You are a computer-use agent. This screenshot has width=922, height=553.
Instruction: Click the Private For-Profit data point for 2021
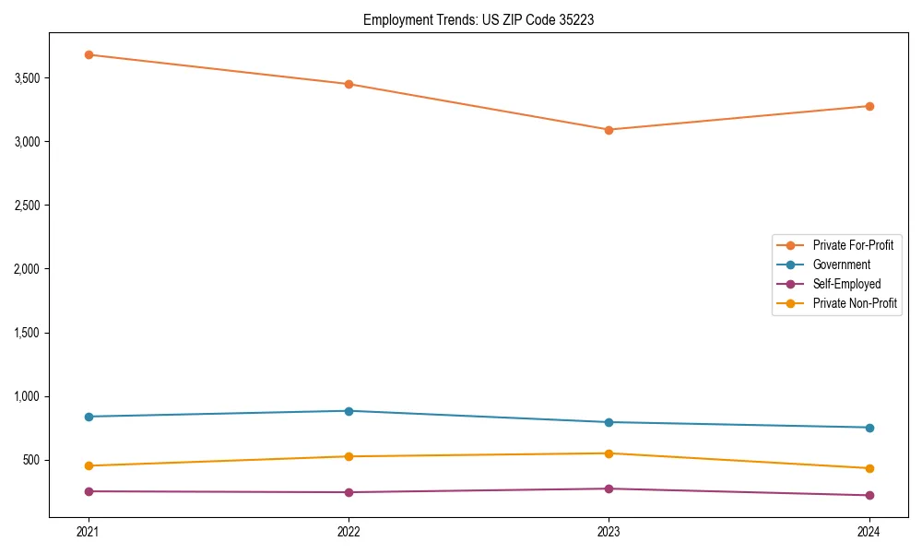(x=89, y=54)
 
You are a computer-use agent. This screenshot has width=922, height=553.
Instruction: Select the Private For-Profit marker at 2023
(x=609, y=130)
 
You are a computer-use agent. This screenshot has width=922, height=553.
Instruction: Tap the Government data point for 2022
(x=349, y=411)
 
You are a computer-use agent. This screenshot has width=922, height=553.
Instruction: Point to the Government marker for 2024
(x=869, y=428)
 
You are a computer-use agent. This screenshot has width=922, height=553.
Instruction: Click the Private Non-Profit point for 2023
(x=609, y=453)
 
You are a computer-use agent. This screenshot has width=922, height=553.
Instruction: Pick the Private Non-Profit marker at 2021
(x=89, y=465)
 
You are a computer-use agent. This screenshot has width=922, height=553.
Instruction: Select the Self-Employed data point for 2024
(x=869, y=495)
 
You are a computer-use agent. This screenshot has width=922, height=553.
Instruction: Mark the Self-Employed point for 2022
(x=349, y=492)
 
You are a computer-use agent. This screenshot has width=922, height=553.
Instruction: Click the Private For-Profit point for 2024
(x=869, y=106)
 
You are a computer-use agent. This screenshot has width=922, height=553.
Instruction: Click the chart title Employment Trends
(x=479, y=19)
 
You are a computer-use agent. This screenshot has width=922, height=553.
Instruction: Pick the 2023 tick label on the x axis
(x=609, y=531)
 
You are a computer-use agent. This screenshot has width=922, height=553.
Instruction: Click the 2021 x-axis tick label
(x=89, y=531)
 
